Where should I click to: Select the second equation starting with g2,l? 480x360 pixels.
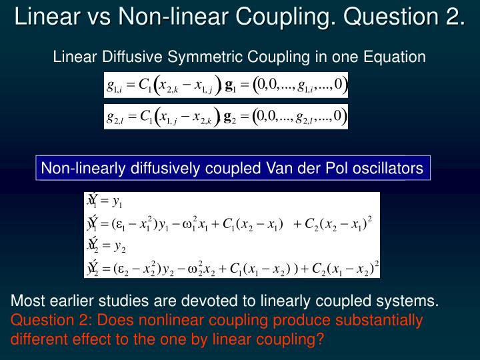click(x=226, y=117)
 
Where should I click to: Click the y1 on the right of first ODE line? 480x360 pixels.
click(x=117, y=201)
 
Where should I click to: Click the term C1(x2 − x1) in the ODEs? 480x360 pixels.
click(x=256, y=223)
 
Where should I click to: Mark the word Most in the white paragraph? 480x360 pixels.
click(x=25, y=302)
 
